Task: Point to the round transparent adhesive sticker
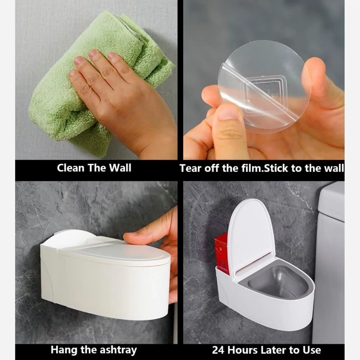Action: tap(264, 87)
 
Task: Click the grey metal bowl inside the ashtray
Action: tap(278, 283)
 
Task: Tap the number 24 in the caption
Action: tap(218, 350)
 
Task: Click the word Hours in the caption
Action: tap(243, 350)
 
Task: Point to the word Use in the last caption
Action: tap(312, 350)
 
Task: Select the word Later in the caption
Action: tap(274, 350)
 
